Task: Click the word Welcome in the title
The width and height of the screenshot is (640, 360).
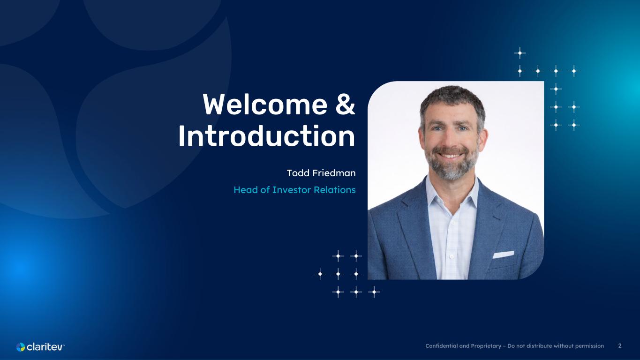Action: tap(265, 104)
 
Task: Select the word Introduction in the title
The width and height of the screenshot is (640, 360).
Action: tap(267, 136)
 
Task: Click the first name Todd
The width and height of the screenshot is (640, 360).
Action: tap(298, 173)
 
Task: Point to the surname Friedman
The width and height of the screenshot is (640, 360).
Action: tap(334, 173)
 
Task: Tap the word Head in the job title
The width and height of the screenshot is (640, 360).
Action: tap(246, 190)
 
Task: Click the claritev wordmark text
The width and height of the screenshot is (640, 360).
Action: tap(45, 347)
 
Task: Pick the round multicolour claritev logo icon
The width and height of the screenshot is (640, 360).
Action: tap(21, 347)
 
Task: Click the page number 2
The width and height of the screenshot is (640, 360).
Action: tap(620, 346)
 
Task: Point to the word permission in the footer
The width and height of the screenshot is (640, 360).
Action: tap(589, 346)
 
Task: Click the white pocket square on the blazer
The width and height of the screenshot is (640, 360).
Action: tap(504, 254)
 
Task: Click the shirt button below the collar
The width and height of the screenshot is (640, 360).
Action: tap(452, 222)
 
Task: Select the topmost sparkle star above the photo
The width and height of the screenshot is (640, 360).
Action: tap(520, 53)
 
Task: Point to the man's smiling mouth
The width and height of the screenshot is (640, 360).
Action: tap(450, 155)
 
